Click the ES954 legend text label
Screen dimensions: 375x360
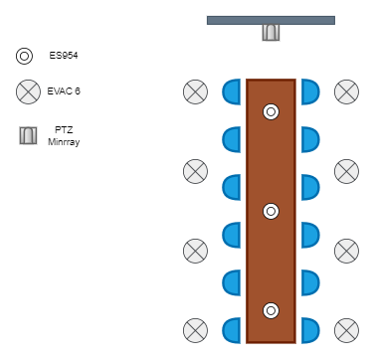pos(64,56)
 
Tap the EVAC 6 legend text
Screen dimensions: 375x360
pos(64,91)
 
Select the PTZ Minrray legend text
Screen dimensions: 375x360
pos(64,136)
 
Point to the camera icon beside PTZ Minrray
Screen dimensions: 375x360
pos(28,135)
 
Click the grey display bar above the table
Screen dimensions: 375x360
pos(271,20)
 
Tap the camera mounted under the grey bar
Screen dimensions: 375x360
pos(271,33)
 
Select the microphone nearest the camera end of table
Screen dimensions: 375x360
pos(271,111)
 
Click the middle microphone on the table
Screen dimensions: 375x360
pos(271,211)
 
